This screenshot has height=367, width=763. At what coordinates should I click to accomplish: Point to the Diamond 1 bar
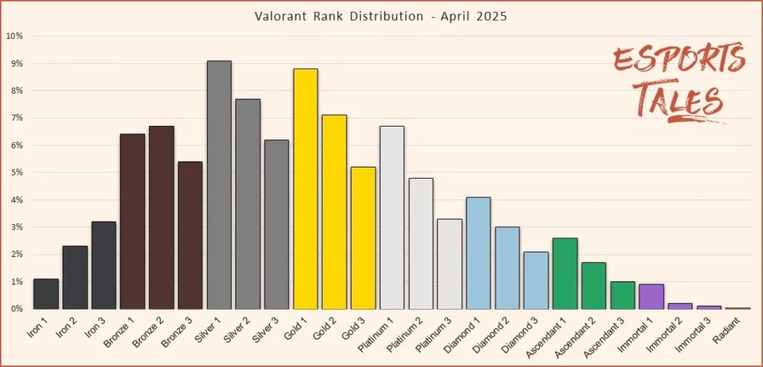478,253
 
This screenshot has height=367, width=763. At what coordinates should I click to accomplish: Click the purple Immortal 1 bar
651,296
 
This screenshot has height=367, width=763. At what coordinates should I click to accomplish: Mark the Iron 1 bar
46,294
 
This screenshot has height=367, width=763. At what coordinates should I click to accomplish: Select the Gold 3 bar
363,238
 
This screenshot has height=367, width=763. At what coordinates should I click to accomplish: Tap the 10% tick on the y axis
14,36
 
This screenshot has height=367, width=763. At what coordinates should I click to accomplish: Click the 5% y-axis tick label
16,173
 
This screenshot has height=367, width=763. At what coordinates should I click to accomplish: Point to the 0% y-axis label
16,309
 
